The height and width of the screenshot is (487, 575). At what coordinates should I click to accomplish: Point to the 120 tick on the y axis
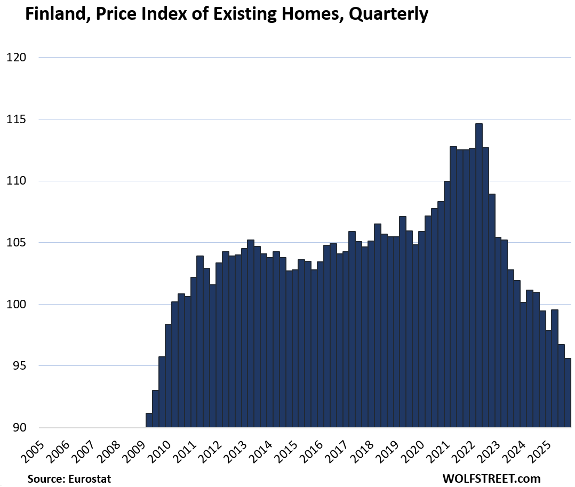coord(15,58)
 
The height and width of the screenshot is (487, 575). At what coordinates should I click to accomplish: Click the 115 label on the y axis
coord(15,119)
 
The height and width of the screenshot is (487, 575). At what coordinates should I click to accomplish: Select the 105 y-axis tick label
coord(15,243)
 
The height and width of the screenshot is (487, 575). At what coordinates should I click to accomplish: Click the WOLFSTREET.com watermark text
coord(491,478)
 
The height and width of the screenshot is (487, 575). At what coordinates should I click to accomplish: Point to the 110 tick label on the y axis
coord(15,181)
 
